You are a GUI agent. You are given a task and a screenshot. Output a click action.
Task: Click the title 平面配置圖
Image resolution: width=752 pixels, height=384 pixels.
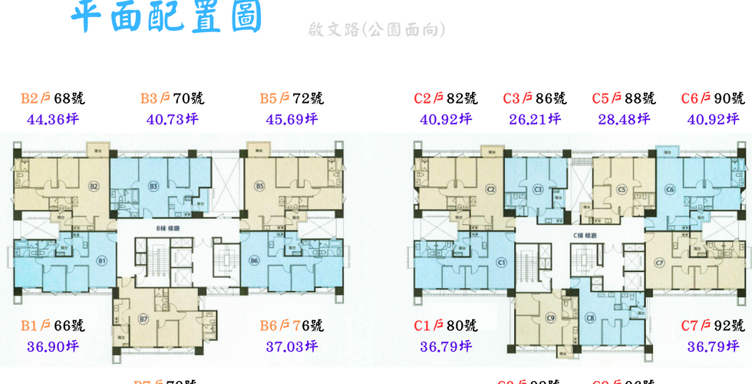166,18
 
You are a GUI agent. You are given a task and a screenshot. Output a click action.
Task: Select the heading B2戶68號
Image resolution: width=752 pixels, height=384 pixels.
53,98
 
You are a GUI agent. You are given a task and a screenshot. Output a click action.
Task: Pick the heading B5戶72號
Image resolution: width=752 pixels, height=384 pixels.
292,98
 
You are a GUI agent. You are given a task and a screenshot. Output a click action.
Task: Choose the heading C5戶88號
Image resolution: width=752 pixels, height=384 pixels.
624,98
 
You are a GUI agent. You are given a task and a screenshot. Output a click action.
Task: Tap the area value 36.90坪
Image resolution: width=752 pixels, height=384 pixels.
53,346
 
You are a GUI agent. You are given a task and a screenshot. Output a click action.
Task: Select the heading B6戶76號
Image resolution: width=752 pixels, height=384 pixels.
292,326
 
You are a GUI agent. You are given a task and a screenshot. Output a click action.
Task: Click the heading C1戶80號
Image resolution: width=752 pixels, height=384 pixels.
446,326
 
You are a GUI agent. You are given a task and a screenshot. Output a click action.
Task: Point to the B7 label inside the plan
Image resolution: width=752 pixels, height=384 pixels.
143,319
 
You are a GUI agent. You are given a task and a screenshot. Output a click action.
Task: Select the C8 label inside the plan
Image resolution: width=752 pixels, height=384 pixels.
590,318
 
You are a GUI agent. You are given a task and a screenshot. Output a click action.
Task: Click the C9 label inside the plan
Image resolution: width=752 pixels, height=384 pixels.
551,318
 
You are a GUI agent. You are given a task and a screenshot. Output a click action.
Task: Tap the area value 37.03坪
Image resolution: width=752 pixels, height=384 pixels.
292,346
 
